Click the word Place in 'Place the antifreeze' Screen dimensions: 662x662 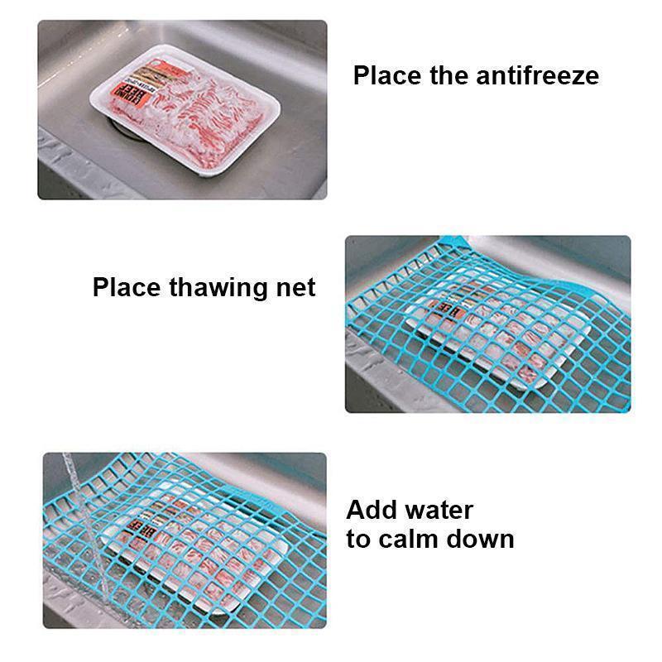[386, 75]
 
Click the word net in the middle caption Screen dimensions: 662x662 [295, 288]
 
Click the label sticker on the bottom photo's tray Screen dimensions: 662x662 [138, 530]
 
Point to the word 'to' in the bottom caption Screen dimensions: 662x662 [358, 540]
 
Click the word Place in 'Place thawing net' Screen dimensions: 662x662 [126, 287]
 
